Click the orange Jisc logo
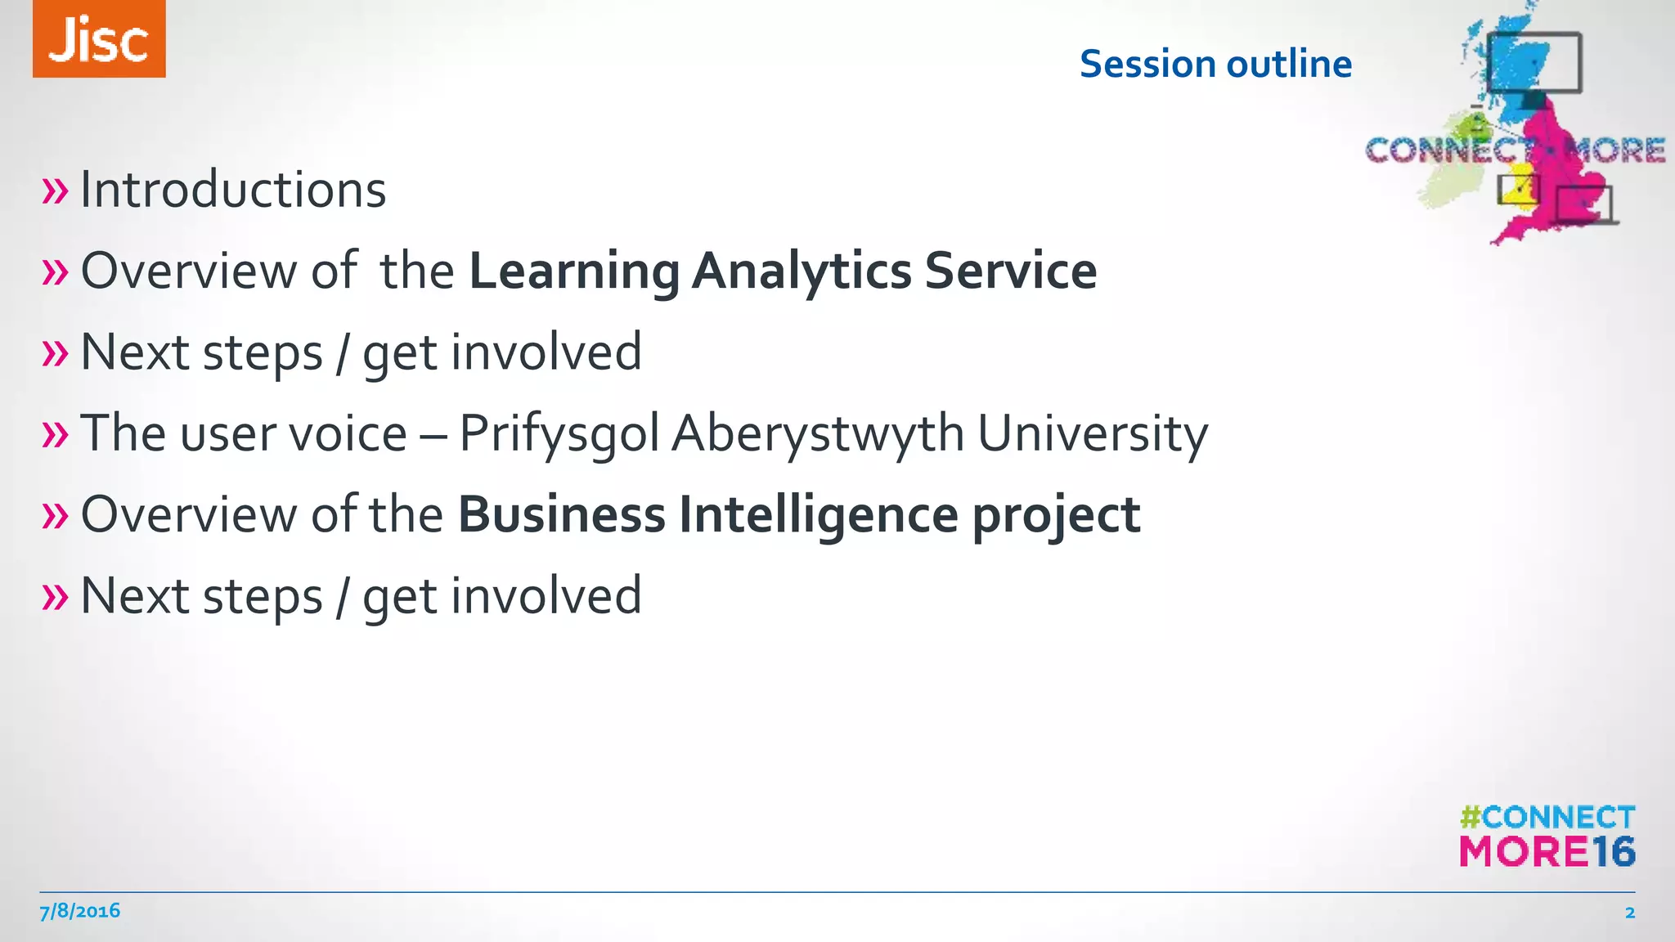pyautogui.click(x=99, y=39)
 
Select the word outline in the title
pyautogui.click(x=1289, y=64)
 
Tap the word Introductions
pyautogui.click(x=233, y=190)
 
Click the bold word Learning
pyautogui.click(x=574, y=271)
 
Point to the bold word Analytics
pyautogui.click(x=802, y=271)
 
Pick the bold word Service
pyautogui.click(x=1011, y=271)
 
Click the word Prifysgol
pyautogui.click(x=559, y=433)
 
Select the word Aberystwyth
pyautogui.click(x=818, y=433)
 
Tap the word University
pyautogui.click(x=1093, y=433)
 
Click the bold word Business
pyautogui.click(x=562, y=515)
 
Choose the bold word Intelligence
pyautogui.click(x=819, y=515)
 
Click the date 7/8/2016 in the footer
pyautogui.click(x=80, y=911)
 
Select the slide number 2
pyautogui.click(x=1629, y=913)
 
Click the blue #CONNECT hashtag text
pyautogui.click(x=1547, y=817)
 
